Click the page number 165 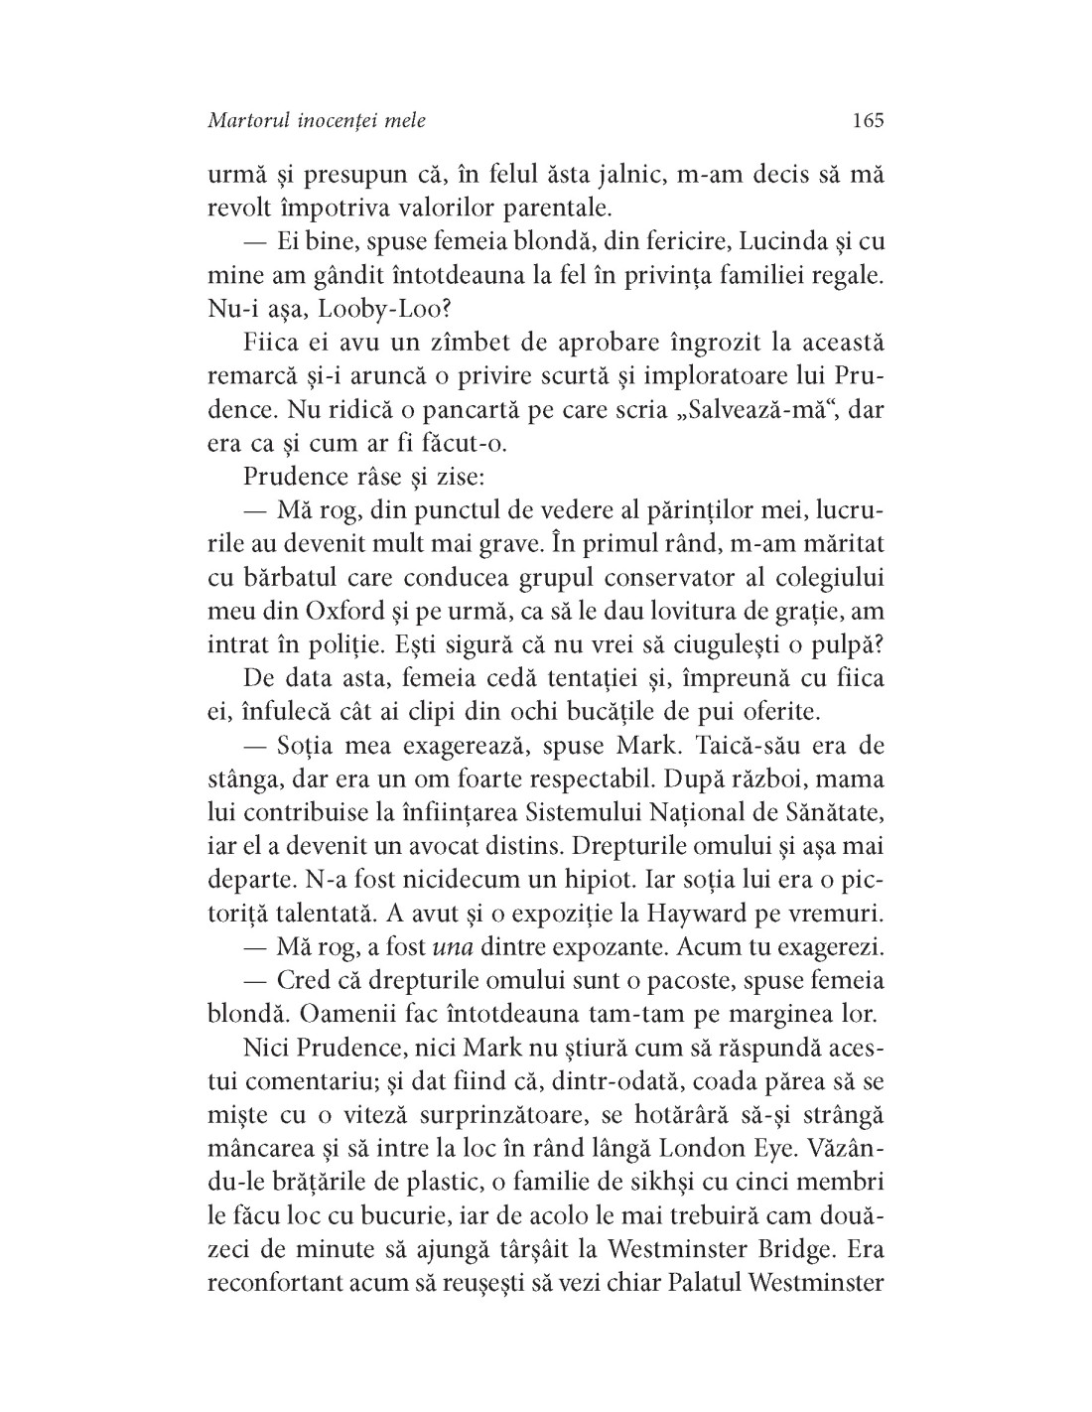click(x=867, y=121)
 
